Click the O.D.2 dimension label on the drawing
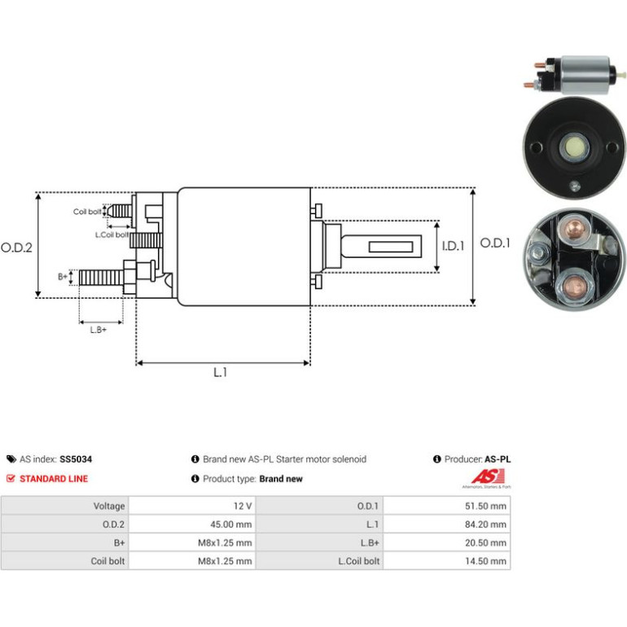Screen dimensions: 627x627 coord(16,248)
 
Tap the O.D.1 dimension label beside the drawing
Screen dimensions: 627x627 coord(495,243)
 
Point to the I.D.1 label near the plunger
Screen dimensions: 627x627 coord(453,246)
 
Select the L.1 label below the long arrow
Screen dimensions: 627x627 coord(221,372)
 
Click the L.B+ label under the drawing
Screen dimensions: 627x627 coord(99,330)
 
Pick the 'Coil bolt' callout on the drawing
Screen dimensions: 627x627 coord(87,212)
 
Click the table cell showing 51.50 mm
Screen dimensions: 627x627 coord(485,506)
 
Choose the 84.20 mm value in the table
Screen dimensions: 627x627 coord(485,524)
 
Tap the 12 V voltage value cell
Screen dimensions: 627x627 coord(243,506)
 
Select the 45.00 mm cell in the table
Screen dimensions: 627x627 coord(231,524)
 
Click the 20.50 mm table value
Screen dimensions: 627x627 coord(485,542)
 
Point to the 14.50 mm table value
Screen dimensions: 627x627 coord(485,561)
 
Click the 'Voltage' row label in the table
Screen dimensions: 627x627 coord(109,506)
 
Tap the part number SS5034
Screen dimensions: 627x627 coord(76,459)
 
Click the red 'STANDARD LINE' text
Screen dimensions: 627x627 coord(54,479)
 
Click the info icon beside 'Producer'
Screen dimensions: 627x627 coord(437,459)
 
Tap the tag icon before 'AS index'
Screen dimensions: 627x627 coord(11,459)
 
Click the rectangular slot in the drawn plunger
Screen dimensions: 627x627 coord(391,247)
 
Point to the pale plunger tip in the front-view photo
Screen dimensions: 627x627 coord(575,147)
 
